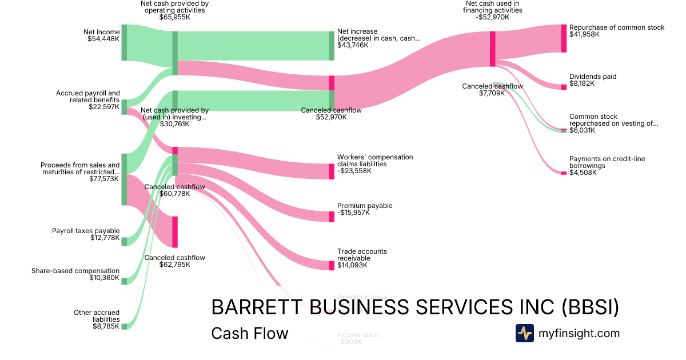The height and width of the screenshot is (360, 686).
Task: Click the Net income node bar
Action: click(x=124, y=42)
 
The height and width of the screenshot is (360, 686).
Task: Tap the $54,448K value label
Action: click(x=103, y=39)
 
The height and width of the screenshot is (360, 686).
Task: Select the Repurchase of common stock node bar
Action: click(x=564, y=38)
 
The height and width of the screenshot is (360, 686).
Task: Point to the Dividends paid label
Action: click(x=593, y=77)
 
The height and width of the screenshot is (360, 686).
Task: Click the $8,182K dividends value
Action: click(x=582, y=83)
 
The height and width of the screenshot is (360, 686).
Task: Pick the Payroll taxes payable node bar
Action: click(x=124, y=241)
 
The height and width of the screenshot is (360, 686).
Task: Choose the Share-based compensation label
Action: click(x=75, y=271)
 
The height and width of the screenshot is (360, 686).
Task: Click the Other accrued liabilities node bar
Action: click(x=124, y=326)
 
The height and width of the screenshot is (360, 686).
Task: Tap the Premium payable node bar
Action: click(x=332, y=217)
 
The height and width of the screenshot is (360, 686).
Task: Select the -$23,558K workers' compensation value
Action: click(x=353, y=171)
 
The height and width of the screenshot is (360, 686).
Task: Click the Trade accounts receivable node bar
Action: click(x=332, y=265)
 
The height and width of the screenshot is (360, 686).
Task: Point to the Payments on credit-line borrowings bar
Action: click(x=564, y=173)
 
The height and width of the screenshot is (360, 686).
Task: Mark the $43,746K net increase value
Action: click(x=353, y=45)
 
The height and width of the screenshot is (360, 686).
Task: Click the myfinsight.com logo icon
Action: click(x=524, y=333)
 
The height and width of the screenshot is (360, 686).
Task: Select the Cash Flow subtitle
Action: click(x=250, y=333)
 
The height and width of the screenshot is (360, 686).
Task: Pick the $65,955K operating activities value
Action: click(x=175, y=17)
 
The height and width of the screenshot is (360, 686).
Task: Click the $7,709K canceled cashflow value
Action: click(x=492, y=93)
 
